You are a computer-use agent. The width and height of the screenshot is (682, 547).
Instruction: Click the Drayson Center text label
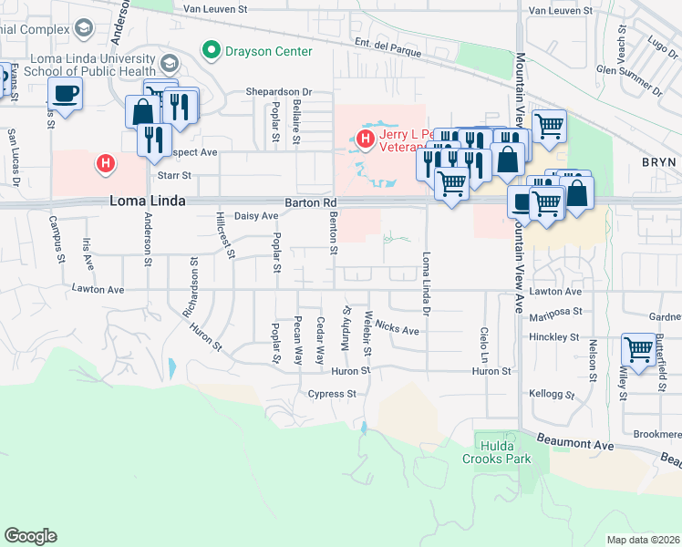(x=269, y=51)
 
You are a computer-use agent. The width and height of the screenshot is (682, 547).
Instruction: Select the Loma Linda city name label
(x=149, y=201)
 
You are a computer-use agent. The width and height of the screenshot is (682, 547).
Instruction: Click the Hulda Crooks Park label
(x=504, y=452)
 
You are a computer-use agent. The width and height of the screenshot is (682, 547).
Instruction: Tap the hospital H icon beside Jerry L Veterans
(x=365, y=139)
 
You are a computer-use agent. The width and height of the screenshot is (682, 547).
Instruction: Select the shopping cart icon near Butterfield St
(x=639, y=349)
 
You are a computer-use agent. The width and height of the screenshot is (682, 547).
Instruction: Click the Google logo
(x=31, y=536)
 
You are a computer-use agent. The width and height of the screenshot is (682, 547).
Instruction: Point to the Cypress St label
(x=331, y=394)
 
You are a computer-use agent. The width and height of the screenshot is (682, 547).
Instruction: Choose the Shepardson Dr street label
(x=279, y=92)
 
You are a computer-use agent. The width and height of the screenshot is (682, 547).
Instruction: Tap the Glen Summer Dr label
(x=629, y=78)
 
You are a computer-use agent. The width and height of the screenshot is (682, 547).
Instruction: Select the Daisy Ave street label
(x=256, y=216)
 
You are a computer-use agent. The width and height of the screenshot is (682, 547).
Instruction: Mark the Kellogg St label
(x=552, y=396)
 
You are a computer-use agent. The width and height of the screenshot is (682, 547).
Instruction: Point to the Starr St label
(x=174, y=175)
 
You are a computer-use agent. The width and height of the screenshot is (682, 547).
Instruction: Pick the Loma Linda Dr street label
(x=425, y=281)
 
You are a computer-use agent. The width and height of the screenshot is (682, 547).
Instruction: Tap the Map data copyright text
(x=643, y=540)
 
